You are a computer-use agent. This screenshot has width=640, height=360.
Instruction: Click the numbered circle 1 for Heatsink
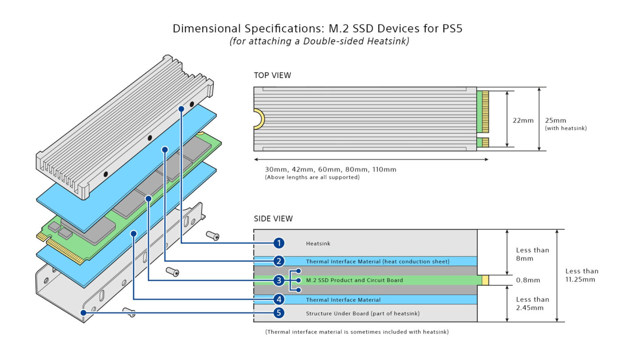point(279,243)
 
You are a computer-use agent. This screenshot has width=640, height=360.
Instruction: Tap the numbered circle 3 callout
point(279,280)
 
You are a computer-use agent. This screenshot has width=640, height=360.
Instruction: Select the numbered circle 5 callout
point(279,313)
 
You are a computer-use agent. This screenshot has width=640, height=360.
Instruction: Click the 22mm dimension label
point(523,120)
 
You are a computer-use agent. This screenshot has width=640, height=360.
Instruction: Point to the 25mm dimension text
point(556,120)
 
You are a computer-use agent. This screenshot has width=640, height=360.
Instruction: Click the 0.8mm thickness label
point(528,280)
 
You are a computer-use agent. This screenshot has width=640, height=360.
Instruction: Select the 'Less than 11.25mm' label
point(581,275)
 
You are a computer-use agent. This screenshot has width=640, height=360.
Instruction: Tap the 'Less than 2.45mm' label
point(532,304)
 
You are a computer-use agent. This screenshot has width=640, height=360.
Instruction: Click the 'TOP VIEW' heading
point(272,75)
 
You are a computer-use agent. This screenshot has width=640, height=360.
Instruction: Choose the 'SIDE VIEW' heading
point(273,219)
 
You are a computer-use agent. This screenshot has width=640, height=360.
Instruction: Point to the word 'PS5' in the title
point(454,28)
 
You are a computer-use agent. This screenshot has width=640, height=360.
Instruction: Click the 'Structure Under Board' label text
point(362,313)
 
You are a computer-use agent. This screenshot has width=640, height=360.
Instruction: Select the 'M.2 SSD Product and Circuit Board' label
point(354,280)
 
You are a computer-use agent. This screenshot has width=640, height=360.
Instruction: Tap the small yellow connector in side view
point(485,280)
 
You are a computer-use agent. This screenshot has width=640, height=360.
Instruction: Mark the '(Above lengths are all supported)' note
point(312,177)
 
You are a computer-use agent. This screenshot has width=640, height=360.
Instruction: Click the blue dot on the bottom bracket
point(83,313)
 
